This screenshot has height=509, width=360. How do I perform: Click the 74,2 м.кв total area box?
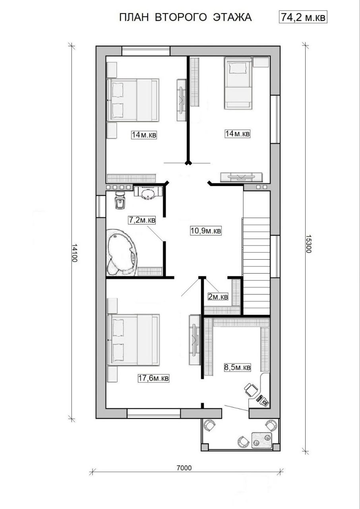[303, 17]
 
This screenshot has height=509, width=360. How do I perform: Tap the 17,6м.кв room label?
[153, 378]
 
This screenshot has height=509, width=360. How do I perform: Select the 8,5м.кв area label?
[238, 367]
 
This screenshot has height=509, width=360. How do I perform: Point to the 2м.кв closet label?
[218, 297]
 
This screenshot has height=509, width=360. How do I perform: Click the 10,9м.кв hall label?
[206, 231]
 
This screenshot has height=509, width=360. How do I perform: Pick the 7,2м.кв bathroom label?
[142, 220]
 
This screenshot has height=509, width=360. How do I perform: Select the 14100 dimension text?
[75, 253]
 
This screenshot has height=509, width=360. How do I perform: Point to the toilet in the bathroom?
[120, 200]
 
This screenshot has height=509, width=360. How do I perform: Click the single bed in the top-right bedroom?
[238, 83]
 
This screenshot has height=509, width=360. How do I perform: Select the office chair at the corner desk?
[250, 389]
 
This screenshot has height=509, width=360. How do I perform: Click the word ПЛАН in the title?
[134, 17]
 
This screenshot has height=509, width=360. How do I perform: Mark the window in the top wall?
[146, 51]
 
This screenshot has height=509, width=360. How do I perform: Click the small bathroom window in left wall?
[101, 206]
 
